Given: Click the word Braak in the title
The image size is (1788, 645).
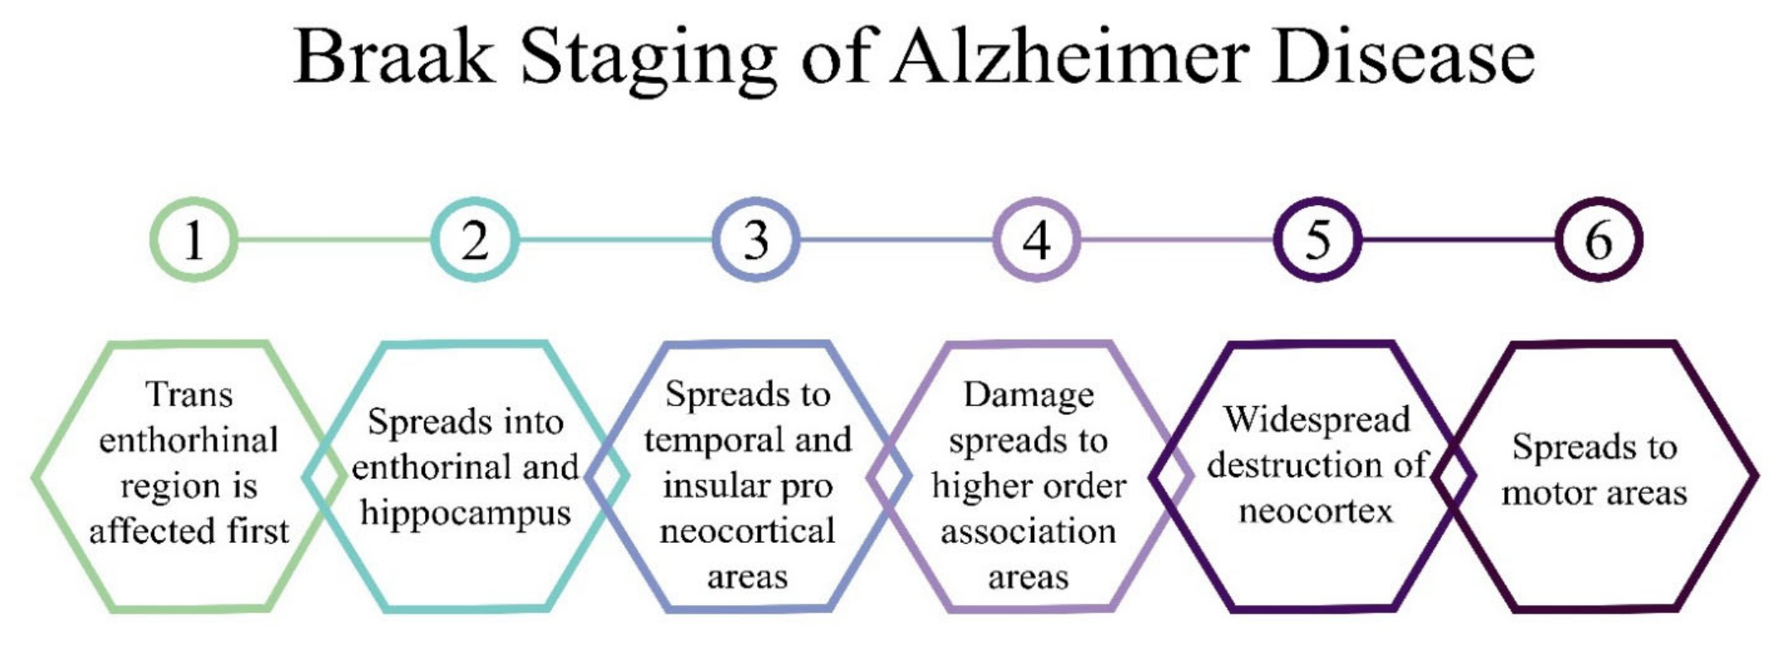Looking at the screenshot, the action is [x=394, y=56].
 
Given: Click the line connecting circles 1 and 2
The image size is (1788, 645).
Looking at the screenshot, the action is [x=335, y=241].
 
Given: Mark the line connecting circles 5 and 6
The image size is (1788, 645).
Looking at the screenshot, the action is [x=1458, y=241].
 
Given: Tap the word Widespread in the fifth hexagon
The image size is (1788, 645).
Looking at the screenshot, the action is [x=1317, y=419].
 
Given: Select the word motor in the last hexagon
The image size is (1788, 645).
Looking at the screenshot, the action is [x=1546, y=494].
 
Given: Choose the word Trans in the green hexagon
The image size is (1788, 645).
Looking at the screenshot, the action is [x=189, y=394].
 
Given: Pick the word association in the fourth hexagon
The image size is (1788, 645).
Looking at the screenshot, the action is [x=1028, y=531].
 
